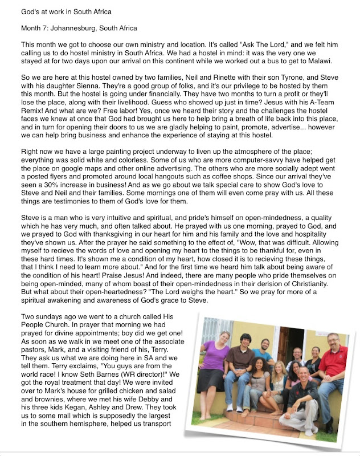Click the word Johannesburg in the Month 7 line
pyautogui.click(x=71, y=28)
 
